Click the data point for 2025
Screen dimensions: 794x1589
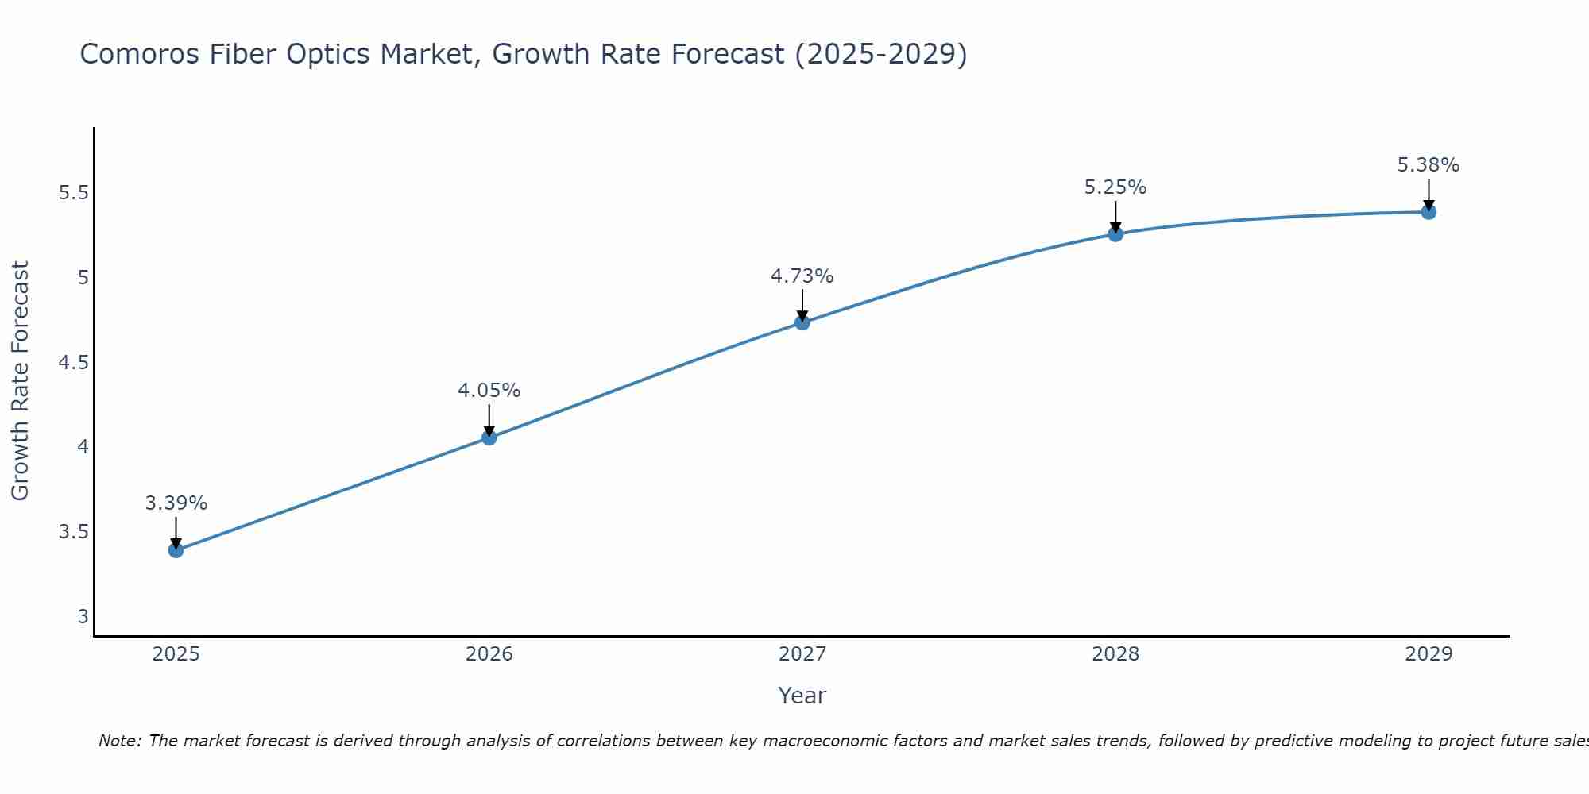click(x=176, y=550)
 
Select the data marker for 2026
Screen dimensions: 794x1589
click(x=489, y=437)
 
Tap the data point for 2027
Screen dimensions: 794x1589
click(x=802, y=322)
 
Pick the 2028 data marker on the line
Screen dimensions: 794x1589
click(x=1115, y=233)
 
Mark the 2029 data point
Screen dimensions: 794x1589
click(x=1429, y=212)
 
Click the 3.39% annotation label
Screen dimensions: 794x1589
click(x=176, y=503)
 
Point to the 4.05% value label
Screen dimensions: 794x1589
click(x=489, y=391)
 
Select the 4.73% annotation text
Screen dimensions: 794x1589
click(x=802, y=276)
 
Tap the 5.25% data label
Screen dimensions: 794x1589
click(x=1115, y=187)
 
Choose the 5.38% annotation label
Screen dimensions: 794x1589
click(x=1429, y=165)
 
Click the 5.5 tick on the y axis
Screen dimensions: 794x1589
click(x=74, y=193)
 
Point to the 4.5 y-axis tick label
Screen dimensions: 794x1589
click(x=74, y=363)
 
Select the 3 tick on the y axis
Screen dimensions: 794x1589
click(x=83, y=617)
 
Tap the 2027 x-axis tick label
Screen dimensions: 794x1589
click(x=802, y=654)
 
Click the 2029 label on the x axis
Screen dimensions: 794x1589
click(x=1429, y=654)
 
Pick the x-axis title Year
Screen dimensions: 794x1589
click(x=802, y=696)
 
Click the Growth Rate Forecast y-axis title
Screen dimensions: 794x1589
click(x=20, y=380)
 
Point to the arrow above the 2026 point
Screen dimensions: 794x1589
click(x=489, y=418)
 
